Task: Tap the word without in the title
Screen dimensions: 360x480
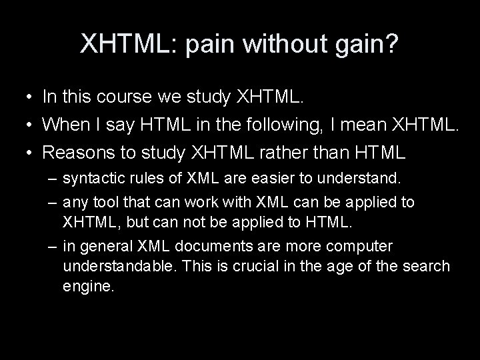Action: point(271,45)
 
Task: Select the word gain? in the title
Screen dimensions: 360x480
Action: point(359,45)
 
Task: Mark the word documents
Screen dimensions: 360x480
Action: point(217,246)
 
